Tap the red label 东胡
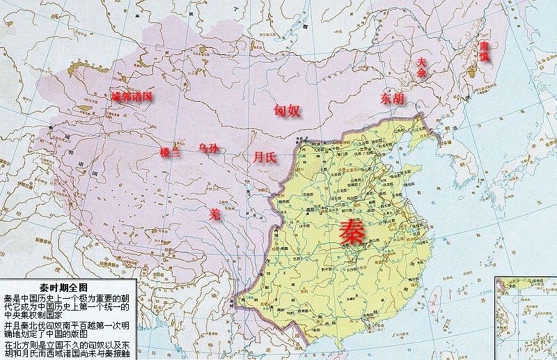point(392,99)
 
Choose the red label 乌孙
point(208,148)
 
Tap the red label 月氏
point(265,157)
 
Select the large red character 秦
point(351,232)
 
